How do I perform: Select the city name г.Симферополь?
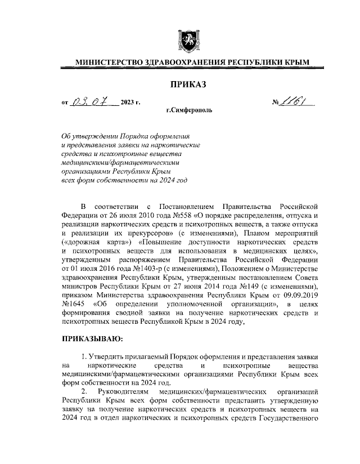pos(189,111)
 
